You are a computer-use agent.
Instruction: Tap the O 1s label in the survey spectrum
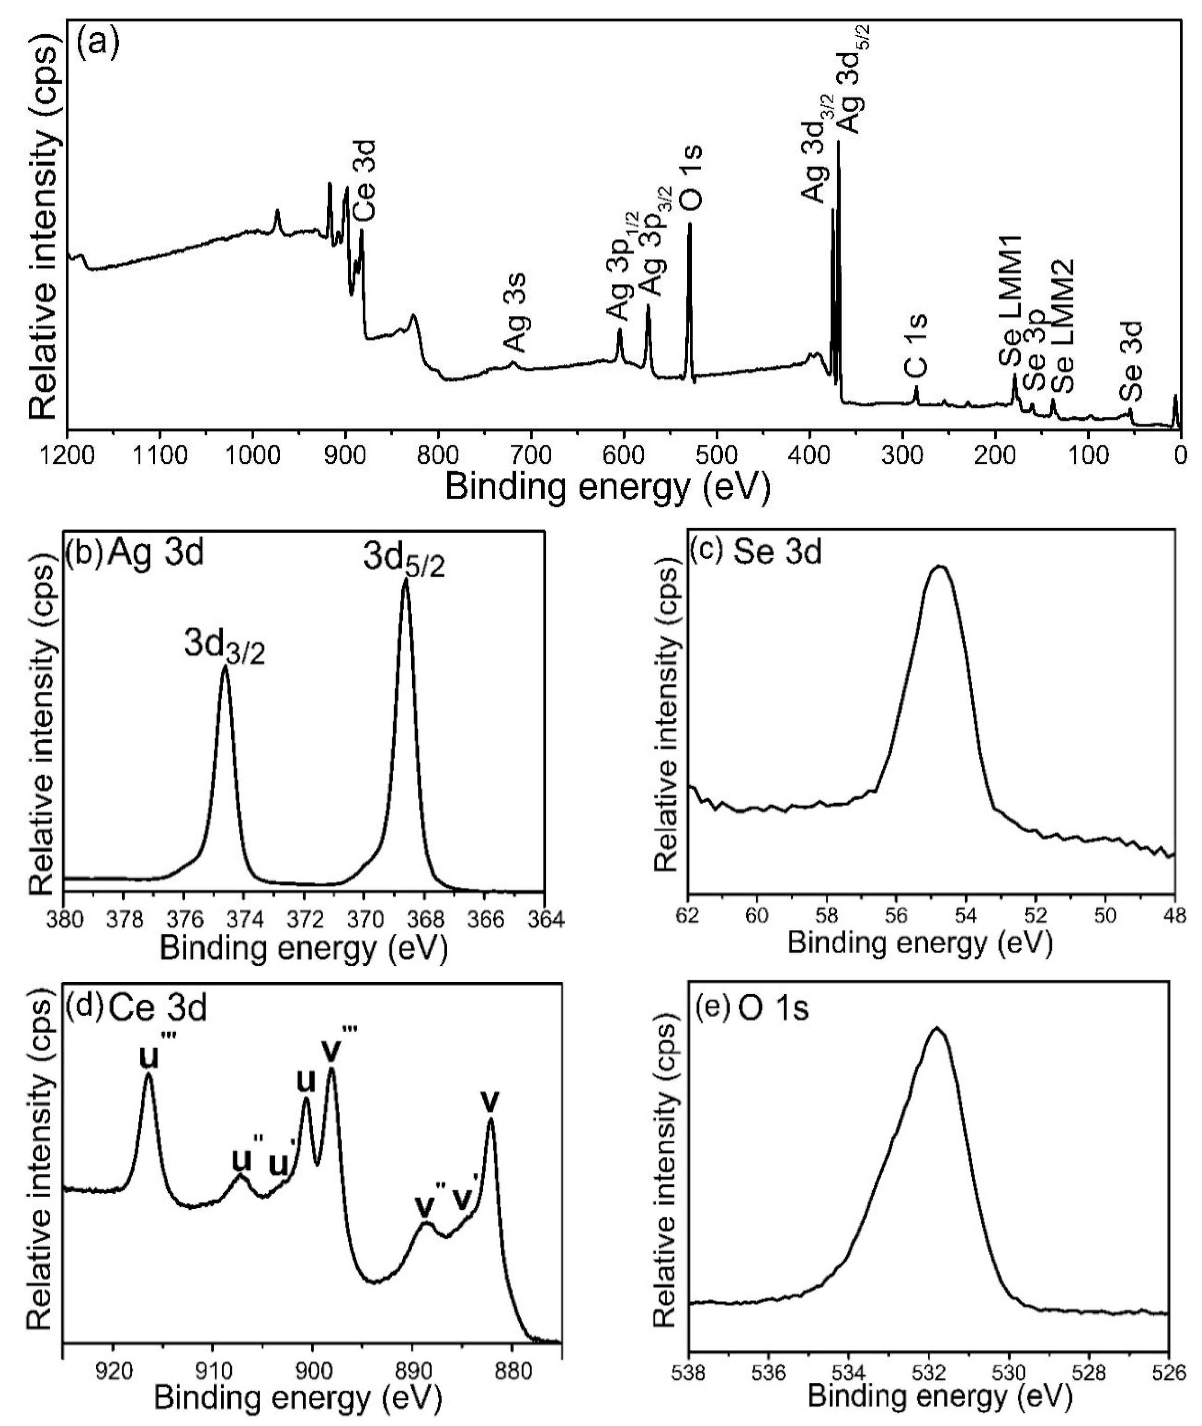tap(693, 178)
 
